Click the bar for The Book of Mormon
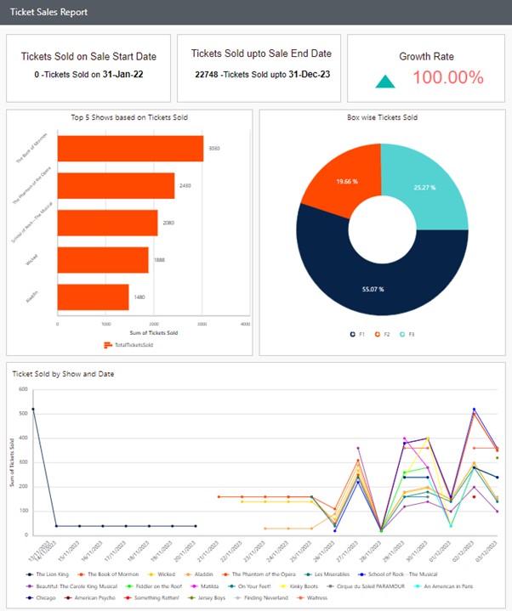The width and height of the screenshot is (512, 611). click(x=130, y=149)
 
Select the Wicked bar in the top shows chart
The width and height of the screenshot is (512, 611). click(x=103, y=260)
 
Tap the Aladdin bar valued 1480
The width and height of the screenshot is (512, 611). click(x=93, y=297)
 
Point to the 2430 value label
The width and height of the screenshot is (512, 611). click(x=185, y=185)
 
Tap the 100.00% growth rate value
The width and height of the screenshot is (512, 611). click(x=448, y=77)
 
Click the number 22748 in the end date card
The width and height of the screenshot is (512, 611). click(x=207, y=74)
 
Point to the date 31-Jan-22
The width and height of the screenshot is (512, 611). click(x=125, y=74)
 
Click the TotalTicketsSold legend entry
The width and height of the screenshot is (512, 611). click(x=128, y=345)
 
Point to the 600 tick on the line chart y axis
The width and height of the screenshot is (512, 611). click(x=22, y=389)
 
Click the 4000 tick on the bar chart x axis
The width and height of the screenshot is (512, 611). click(x=245, y=325)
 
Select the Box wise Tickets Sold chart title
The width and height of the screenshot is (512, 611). click(x=382, y=117)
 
